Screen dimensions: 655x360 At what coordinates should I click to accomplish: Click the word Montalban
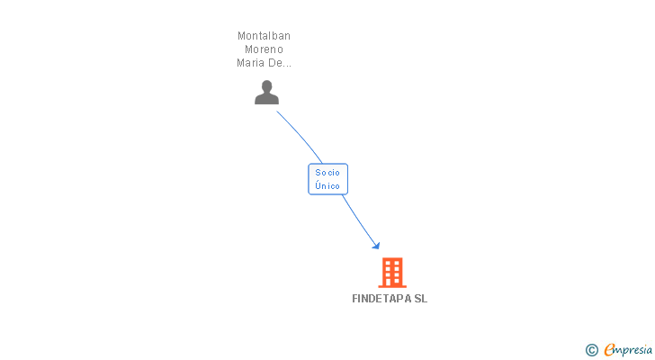tap(264, 36)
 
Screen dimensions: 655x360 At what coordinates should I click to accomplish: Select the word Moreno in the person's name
tap(264, 49)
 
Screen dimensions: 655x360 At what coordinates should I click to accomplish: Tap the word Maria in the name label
tap(250, 63)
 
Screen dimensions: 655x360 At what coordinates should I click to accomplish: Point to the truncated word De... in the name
tap(280, 63)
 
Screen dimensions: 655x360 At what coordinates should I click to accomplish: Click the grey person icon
tap(266, 93)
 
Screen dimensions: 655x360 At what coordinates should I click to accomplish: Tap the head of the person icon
tap(266, 86)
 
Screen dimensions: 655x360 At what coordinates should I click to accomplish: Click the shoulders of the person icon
tap(266, 99)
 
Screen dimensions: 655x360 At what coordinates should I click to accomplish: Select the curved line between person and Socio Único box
tap(301, 136)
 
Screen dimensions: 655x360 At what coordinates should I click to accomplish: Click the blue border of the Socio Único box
tap(309, 179)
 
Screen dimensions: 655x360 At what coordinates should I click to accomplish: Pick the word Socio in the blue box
tap(327, 173)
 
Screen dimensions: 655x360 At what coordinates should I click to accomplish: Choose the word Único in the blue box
tap(327, 185)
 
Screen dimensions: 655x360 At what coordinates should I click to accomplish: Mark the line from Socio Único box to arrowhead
tap(359, 220)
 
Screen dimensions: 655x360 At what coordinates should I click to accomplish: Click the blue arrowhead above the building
tap(376, 246)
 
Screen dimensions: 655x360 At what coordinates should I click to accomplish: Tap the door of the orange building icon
tap(392, 283)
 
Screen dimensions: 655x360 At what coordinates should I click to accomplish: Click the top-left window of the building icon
tap(388, 263)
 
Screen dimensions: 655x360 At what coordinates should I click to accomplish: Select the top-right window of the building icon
tap(397, 263)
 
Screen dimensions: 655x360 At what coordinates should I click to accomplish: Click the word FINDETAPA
tap(381, 299)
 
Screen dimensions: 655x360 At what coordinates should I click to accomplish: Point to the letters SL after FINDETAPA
tap(421, 299)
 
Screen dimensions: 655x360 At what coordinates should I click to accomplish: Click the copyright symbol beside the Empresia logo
tap(591, 350)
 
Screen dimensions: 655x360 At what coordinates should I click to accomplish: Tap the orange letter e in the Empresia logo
tap(609, 349)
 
